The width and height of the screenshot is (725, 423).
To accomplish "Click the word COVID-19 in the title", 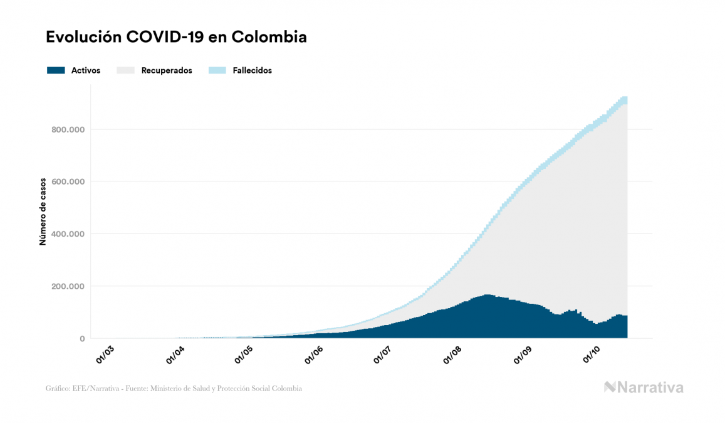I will (x=165, y=37).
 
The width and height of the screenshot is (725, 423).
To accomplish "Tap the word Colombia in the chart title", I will (x=269, y=37).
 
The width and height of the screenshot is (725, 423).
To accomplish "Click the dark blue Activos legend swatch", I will (x=56, y=70).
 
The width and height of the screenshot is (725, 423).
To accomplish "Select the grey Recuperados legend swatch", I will (x=126, y=70).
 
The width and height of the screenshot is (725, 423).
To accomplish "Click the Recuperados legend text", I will (x=167, y=70).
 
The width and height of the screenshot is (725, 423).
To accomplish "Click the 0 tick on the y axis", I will (x=82, y=339).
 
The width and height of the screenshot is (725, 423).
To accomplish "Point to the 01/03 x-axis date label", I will (x=105, y=354).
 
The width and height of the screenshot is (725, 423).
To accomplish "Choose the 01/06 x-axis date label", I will (x=313, y=354).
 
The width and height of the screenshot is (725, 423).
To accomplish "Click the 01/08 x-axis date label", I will (x=452, y=354).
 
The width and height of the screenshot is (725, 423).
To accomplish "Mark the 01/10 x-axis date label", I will (x=592, y=354).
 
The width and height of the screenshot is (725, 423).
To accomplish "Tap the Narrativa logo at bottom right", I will (x=644, y=387).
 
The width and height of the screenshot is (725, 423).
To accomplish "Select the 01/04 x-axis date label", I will (x=174, y=354).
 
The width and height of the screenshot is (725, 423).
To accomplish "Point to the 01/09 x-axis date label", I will (x=522, y=354).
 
